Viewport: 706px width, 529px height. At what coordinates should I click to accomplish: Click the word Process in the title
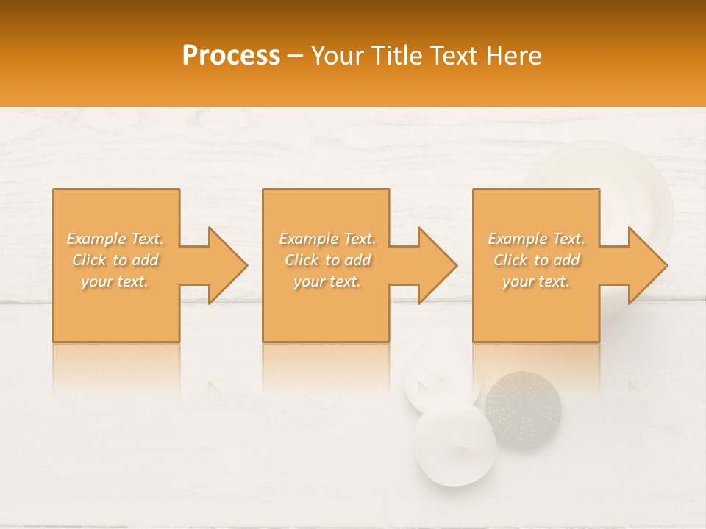(x=231, y=56)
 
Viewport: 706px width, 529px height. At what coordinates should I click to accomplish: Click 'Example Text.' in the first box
(x=115, y=239)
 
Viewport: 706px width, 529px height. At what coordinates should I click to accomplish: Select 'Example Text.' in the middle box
(x=327, y=239)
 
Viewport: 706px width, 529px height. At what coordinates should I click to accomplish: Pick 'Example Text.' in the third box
(x=536, y=239)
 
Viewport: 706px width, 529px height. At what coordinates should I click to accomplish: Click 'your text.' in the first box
(x=115, y=281)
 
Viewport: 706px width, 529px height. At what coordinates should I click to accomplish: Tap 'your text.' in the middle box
(x=327, y=281)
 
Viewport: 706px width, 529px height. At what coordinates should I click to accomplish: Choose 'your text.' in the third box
(x=536, y=281)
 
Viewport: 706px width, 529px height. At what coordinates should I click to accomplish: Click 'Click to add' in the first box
(x=115, y=260)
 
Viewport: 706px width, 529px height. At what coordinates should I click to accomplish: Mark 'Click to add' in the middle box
(x=327, y=260)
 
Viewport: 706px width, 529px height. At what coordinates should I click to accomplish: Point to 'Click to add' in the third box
(x=536, y=260)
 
